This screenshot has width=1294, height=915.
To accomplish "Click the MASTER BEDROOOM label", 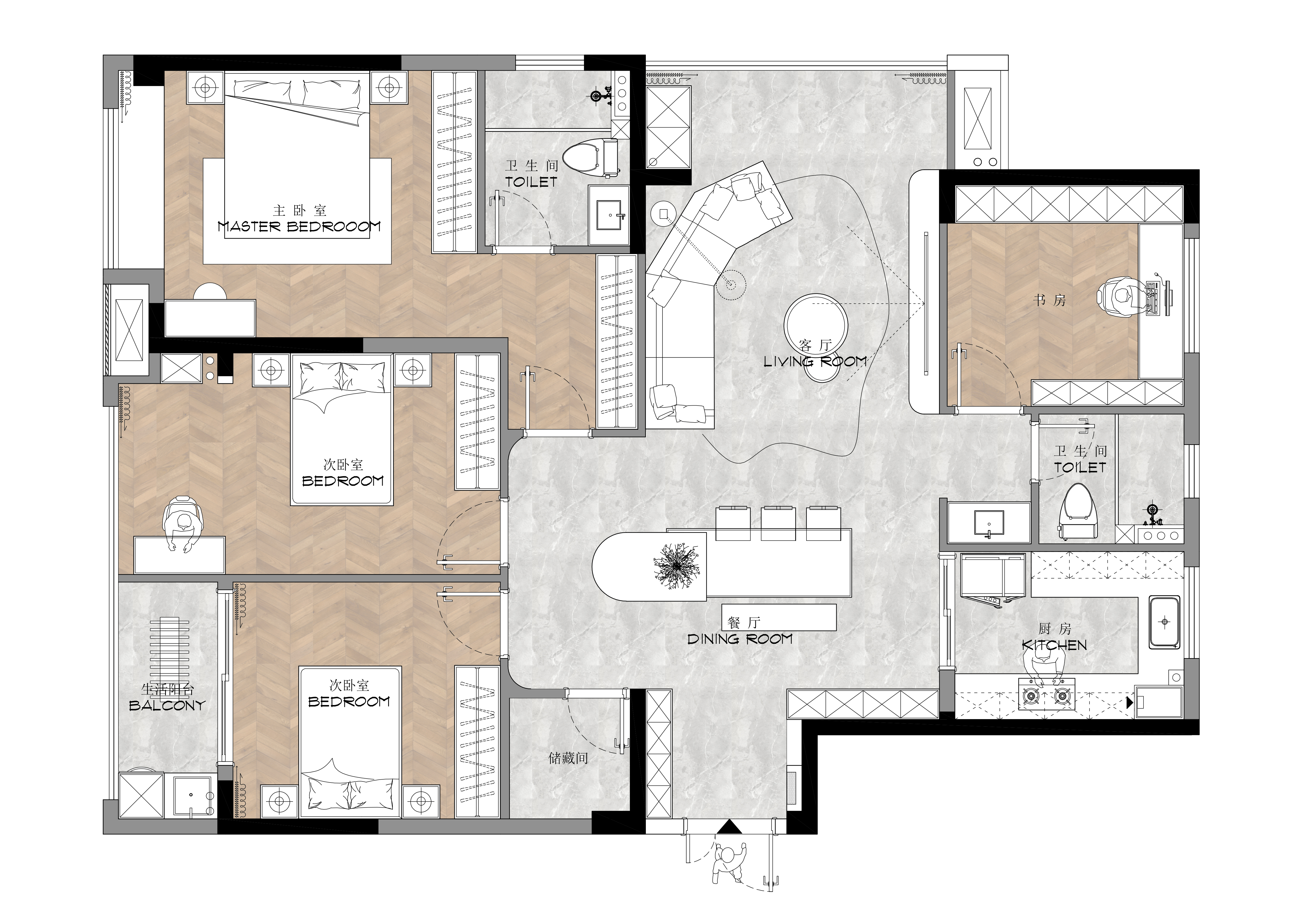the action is tap(299, 226).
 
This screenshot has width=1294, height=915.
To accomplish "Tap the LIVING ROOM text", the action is tap(815, 362).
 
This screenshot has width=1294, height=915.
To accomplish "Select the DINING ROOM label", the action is tap(740, 639).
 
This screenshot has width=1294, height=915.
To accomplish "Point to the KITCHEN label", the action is tap(1055, 645).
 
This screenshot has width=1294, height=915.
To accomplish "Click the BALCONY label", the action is tap(167, 705).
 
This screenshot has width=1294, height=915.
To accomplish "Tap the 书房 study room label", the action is tap(1049, 300).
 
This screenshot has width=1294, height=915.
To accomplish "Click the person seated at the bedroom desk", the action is tap(182, 522).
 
